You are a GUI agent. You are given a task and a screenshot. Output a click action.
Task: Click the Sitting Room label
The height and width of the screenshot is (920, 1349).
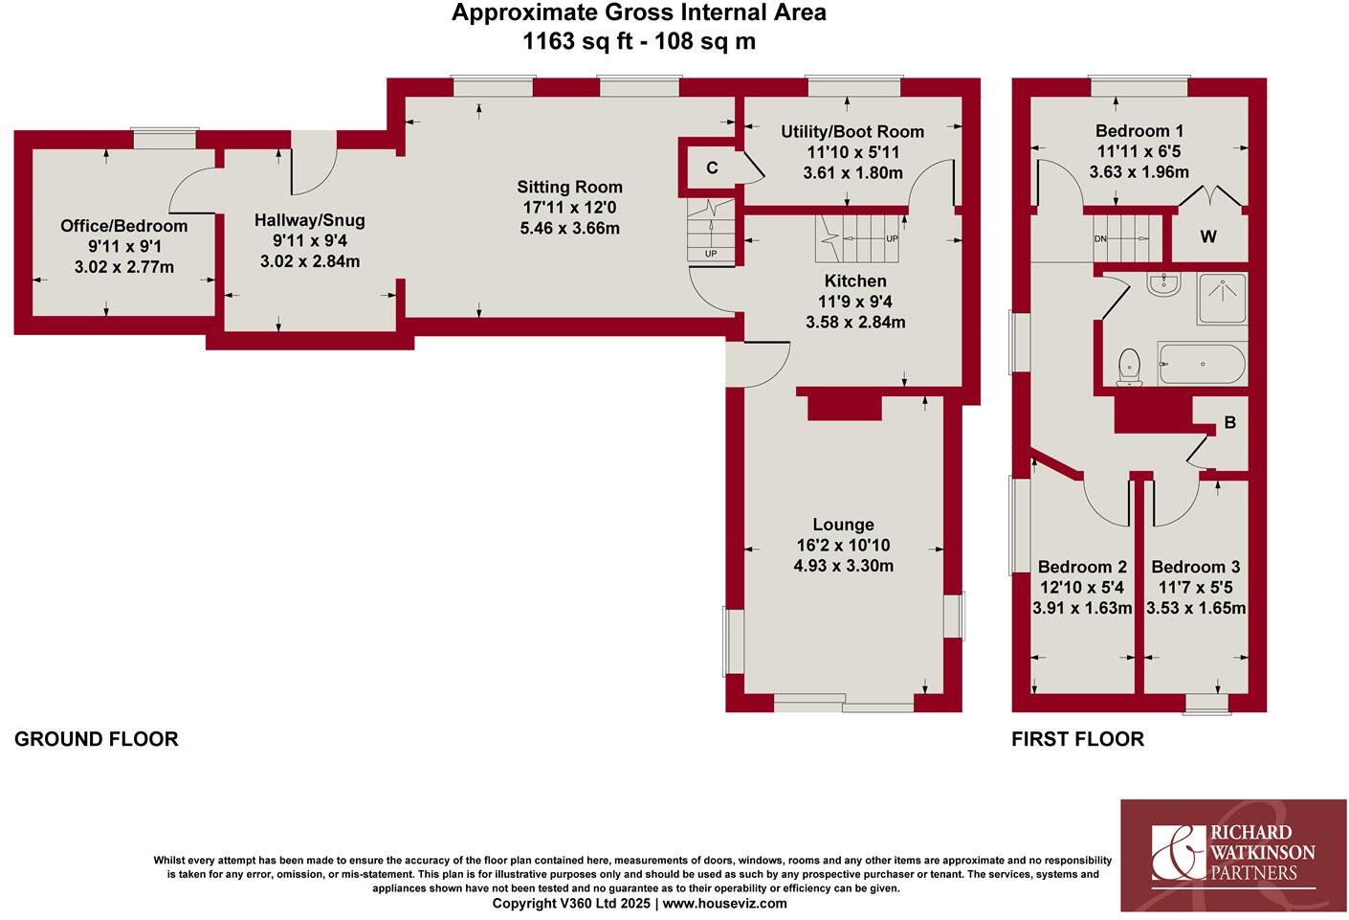point(569,188)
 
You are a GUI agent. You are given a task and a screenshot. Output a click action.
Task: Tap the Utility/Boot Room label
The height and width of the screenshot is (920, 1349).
point(851,132)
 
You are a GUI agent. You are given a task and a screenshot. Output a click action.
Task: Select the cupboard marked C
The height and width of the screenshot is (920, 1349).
point(712,168)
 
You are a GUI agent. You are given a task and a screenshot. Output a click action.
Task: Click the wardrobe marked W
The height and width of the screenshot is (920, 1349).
point(1208,236)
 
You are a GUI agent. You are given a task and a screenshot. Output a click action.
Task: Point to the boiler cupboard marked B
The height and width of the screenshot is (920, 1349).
point(1229,422)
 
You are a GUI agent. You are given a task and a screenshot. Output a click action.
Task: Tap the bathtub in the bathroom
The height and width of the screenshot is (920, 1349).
point(1202,365)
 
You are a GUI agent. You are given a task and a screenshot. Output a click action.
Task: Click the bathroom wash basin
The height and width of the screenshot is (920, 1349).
point(1164,283)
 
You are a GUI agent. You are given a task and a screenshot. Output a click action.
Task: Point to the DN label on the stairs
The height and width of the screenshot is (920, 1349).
point(1100,239)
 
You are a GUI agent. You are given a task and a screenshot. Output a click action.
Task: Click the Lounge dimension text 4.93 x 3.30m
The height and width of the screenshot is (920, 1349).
point(843,566)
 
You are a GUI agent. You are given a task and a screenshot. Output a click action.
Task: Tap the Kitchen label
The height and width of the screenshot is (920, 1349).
point(855,281)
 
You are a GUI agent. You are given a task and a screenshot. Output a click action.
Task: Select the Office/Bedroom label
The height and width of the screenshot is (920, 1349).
point(123,226)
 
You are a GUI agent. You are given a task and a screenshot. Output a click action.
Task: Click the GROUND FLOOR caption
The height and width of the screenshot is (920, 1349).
point(97,739)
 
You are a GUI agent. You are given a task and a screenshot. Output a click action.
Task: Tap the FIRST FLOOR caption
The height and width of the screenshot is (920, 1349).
point(1077,739)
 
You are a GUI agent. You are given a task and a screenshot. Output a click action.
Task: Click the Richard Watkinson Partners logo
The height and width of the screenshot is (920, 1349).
point(1233,854)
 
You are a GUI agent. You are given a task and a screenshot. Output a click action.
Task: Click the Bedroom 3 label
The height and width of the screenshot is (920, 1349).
point(1195,567)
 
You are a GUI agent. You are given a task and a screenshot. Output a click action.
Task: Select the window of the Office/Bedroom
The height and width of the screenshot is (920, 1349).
point(165,140)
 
